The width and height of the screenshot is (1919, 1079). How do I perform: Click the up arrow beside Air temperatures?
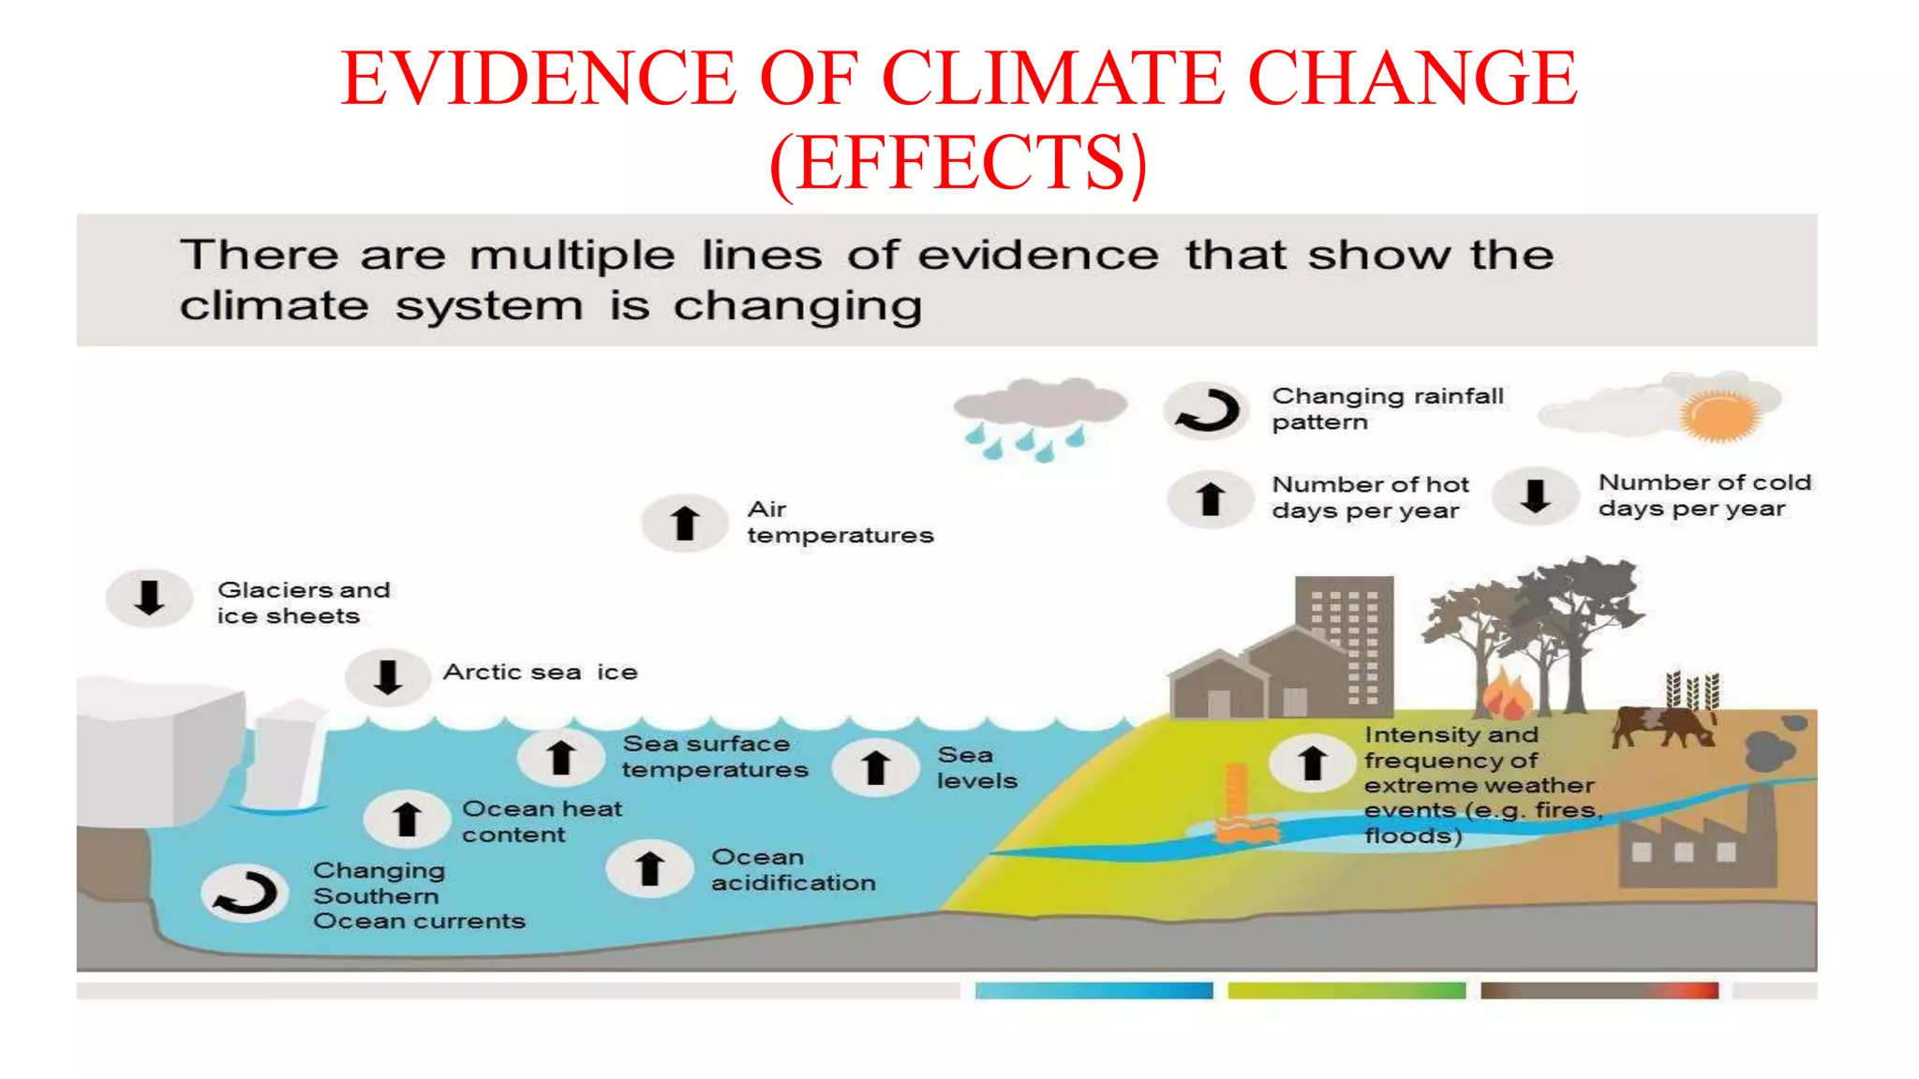[685, 523]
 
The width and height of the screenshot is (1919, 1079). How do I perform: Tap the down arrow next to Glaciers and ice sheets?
[149, 598]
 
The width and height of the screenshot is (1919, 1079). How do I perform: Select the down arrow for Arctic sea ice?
[387, 675]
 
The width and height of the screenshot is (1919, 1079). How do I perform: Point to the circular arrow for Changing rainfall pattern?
[1207, 410]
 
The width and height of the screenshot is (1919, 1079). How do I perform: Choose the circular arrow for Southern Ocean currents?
[245, 892]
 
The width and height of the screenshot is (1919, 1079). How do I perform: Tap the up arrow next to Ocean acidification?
[649, 868]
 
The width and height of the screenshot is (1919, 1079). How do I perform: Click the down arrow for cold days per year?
[1535, 495]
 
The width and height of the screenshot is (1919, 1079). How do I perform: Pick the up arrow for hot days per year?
[1210, 498]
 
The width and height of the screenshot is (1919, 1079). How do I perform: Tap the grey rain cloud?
[1040, 403]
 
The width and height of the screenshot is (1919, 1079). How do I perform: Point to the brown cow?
[1663, 726]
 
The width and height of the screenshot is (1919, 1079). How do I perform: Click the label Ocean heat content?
[541, 821]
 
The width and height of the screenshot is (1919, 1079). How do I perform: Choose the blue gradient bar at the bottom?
[1093, 990]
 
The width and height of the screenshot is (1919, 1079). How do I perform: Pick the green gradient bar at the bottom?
[1346, 990]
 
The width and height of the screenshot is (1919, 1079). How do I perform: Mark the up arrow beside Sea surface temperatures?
[560, 757]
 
